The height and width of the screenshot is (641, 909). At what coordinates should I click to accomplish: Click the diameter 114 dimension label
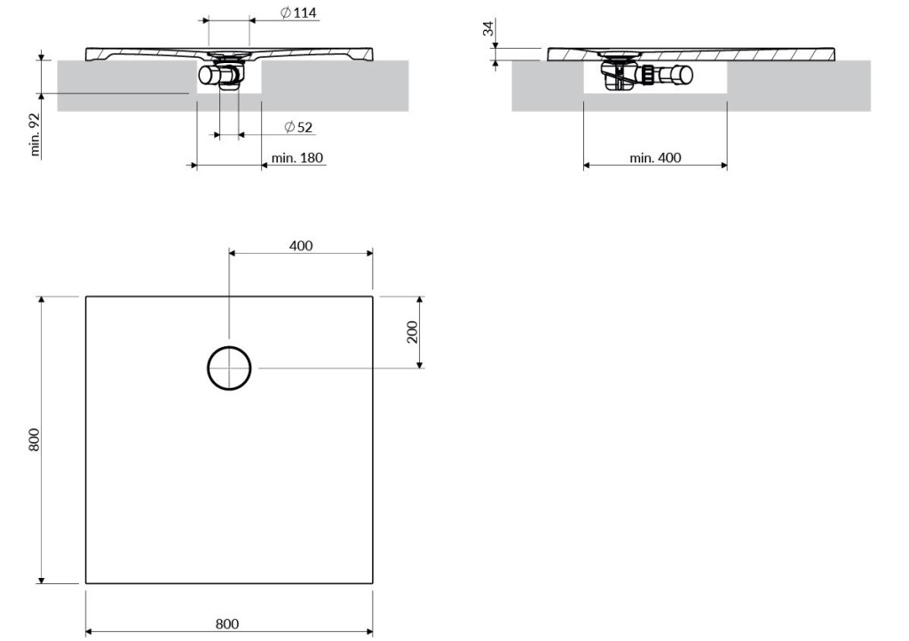298,12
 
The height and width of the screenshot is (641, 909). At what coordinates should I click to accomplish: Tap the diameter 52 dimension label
298,127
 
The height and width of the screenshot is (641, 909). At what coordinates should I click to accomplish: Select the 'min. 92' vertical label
35,134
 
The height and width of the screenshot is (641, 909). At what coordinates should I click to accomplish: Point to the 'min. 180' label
296,158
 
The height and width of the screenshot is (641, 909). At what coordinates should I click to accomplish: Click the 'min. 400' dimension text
655,158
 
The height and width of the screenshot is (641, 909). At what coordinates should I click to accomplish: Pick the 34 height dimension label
489,28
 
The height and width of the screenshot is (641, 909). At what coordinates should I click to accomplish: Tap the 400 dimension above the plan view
301,246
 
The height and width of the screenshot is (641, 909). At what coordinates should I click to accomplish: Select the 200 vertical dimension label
412,332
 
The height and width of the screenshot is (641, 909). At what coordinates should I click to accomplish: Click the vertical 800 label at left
35,439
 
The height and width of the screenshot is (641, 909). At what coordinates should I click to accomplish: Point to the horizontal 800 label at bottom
227,623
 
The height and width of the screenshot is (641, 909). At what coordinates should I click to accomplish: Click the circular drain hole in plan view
229,346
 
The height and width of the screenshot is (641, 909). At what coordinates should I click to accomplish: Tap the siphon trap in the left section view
224,74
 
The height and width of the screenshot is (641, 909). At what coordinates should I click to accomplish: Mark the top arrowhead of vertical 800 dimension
41,300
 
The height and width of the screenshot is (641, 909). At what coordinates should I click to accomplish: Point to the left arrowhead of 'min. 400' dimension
588,165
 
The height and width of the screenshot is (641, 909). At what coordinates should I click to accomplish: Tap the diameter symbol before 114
286,12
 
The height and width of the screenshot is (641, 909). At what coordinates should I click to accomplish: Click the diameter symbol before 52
290,127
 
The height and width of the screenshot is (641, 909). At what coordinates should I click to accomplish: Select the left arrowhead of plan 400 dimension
233,253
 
